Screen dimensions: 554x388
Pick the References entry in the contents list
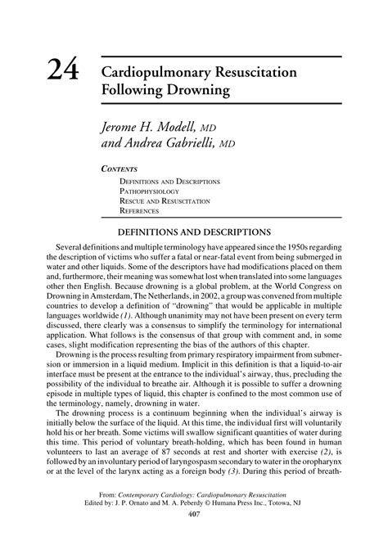click(143, 211)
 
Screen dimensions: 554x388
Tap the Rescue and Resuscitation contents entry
click(165, 200)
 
